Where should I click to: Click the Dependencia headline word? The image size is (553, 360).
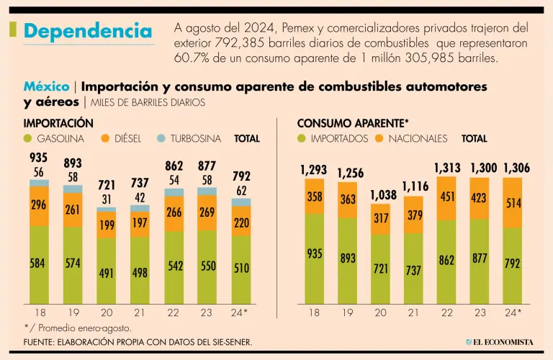coord(88,31)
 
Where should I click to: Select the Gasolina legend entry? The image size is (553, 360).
coord(55,138)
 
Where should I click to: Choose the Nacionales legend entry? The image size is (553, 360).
coord(411,138)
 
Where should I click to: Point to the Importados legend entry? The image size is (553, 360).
coord(333,138)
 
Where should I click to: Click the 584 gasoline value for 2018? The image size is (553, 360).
coord(39,264)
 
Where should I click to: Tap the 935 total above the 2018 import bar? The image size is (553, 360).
coord(39,158)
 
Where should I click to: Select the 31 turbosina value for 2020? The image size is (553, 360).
coord(107,199)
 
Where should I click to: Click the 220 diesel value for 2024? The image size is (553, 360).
coord(241,223)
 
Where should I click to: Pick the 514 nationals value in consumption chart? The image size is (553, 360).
coord(512,204)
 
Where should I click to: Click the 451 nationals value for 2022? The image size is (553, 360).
coord(446,197)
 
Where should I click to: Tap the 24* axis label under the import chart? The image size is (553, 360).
coord(241,312)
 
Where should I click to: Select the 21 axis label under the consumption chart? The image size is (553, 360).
coord(414,312)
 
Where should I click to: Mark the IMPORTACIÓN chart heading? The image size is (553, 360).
coord(58,123)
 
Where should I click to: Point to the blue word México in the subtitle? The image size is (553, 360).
coord(46,86)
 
